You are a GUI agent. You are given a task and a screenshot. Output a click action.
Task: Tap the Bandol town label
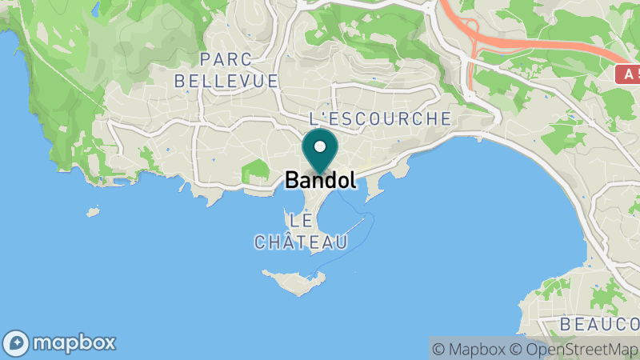[x=320, y=181]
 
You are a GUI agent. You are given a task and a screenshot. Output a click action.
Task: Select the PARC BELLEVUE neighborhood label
[x=226, y=70]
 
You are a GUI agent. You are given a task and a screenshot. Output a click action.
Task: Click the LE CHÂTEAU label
[x=301, y=231]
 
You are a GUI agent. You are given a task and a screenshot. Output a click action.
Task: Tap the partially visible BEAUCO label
[x=599, y=324]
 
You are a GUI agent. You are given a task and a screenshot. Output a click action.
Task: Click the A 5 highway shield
[x=627, y=74]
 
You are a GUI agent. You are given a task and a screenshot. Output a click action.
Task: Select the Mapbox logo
[x=59, y=343]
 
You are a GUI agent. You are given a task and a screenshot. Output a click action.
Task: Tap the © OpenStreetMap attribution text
[x=574, y=349]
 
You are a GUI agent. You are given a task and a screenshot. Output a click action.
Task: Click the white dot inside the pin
[x=320, y=146]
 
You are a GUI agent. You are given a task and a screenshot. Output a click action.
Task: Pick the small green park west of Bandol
[x=254, y=170]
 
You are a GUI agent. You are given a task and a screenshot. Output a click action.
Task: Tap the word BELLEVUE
[x=226, y=81]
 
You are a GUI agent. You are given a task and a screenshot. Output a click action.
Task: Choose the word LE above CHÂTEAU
[x=301, y=220]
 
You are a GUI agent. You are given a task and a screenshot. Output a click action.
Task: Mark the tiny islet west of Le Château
[x=94, y=213]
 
